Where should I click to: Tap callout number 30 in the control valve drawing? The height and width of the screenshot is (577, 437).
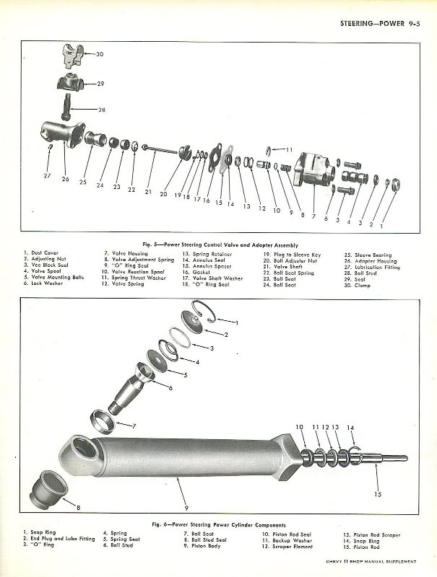click(100, 54)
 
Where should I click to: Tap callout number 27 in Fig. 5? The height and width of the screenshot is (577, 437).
click(47, 175)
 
